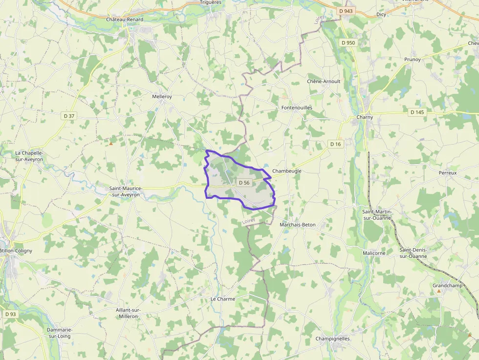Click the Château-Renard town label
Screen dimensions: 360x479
click(x=125, y=20)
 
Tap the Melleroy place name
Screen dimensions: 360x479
click(x=162, y=97)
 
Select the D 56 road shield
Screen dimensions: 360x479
click(x=244, y=183)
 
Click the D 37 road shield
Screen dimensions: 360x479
click(x=69, y=116)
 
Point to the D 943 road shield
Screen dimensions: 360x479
click(x=346, y=11)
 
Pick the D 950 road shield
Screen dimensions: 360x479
click(x=348, y=42)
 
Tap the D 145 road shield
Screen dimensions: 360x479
click(x=417, y=112)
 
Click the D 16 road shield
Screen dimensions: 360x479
click(x=335, y=144)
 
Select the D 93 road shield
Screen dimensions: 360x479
click(x=10, y=314)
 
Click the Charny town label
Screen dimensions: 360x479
click(x=365, y=117)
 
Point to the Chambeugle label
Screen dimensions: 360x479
click(x=287, y=171)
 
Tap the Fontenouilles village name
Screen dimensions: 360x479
click(x=297, y=107)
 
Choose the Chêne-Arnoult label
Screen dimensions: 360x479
click(x=324, y=81)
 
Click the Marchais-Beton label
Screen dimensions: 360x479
click(x=297, y=225)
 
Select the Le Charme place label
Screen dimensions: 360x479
click(x=223, y=299)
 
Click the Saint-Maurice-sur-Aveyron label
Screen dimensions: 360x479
click(x=125, y=191)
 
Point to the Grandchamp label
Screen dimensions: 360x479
click(x=447, y=285)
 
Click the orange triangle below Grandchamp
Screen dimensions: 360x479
click(x=438, y=291)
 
